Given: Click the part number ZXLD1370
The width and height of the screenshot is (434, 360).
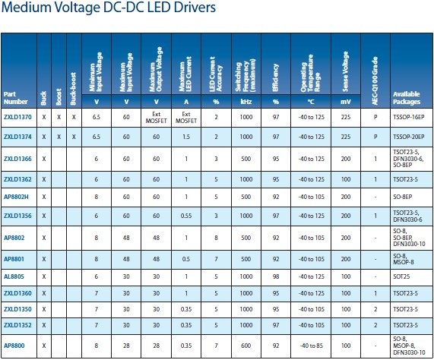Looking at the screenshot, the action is coord(17,117).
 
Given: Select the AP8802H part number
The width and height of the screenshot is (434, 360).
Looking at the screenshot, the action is coord(16,197).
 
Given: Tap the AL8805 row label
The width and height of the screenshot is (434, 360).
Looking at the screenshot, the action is coord(14,276).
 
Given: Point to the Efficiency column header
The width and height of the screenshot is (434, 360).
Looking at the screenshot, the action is coord(276,77).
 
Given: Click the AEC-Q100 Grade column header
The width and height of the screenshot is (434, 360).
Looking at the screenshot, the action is coord(375,81).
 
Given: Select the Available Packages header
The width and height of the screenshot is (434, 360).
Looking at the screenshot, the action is coord(407,98).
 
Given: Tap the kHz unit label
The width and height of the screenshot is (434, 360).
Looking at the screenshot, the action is coord(246,102).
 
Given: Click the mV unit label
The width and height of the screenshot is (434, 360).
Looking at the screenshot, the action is coord(346,102).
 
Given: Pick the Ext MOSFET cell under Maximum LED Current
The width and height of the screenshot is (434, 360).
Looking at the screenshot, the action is coord(186,118).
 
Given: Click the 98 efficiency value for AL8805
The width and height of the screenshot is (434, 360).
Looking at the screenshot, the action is coord(276,276).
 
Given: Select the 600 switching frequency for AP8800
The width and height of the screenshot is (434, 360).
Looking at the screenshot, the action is coord(246,346).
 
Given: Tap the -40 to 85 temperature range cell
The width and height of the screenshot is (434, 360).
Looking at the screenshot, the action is coord(312,346).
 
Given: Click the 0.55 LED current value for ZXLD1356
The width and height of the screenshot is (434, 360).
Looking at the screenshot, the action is coord(186,216).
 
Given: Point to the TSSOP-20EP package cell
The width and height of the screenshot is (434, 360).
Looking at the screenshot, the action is coord(409,137).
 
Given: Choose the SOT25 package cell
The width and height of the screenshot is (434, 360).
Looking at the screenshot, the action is coord(401,276).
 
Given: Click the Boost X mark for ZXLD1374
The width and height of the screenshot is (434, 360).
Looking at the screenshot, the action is coord(59,137).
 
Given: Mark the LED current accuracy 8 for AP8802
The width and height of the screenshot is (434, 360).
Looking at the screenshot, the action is coord(216,238).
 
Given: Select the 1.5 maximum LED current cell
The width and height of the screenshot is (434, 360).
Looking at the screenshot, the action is coord(186,137).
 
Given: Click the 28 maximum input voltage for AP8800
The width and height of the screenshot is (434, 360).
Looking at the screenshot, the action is coord(126,346).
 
